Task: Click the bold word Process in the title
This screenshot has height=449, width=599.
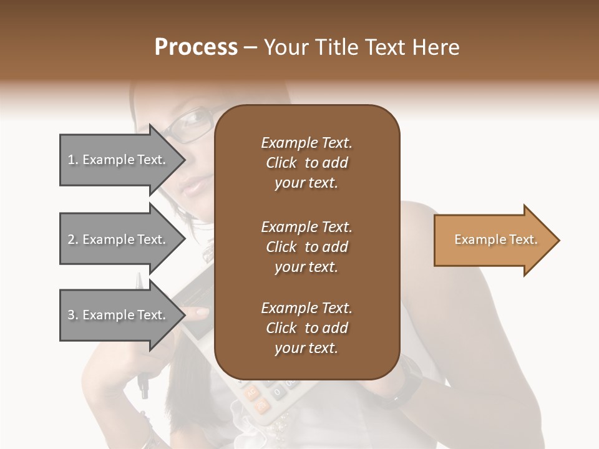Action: (196, 47)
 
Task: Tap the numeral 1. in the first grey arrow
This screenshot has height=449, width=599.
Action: (73, 160)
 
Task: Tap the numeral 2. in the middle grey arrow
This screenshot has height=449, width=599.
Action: (73, 239)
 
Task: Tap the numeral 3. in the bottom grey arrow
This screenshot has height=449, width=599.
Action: (73, 315)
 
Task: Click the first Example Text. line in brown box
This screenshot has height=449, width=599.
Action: (306, 143)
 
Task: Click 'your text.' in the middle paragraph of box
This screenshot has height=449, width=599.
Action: (306, 267)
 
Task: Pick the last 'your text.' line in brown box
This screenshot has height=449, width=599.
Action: (306, 348)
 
